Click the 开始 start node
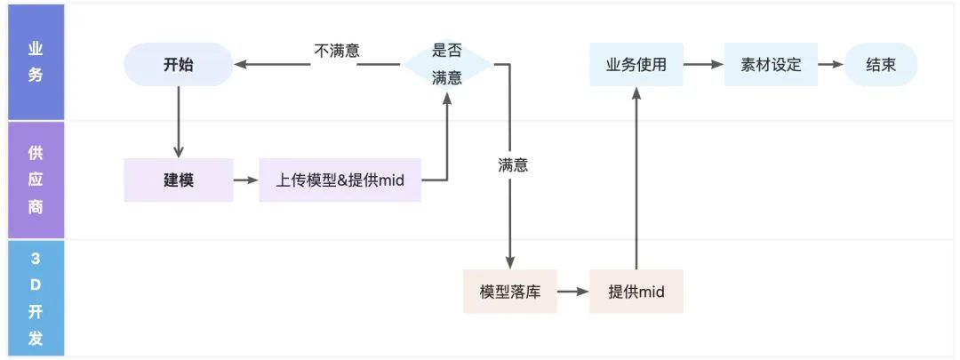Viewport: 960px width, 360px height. pyautogui.click(x=178, y=65)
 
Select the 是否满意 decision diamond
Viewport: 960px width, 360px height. pyautogui.click(x=446, y=65)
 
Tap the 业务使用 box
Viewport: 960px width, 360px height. pyautogui.click(x=636, y=65)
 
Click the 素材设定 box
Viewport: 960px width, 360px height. pyautogui.click(x=771, y=65)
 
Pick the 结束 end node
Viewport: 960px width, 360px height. pyautogui.click(x=880, y=65)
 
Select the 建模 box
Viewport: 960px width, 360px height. pyautogui.click(x=178, y=180)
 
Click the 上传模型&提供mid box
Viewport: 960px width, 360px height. pyautogui.click(x=340, y=180)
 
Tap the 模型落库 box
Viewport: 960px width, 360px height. pyautogui.click(x=509, y=292)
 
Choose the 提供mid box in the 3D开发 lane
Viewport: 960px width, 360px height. pyautogui.click(x=636, y=292)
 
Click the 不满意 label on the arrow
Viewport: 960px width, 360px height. pyautogui.click(x=337, y=51)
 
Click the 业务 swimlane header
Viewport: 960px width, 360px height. pyautogui.click(x=35, y=62)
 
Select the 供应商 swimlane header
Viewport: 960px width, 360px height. pyautogui.click(x=35, y=179)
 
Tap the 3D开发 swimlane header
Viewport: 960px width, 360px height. pyautogui.click(x=35, y=299)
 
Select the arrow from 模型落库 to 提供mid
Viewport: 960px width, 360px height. pyautogui.click(x=572, y=292)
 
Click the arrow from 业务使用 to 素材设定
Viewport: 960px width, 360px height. pyautogui.click(x=703, y=65)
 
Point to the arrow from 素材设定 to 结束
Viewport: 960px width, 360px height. pyautogui.click(x=830, y=65)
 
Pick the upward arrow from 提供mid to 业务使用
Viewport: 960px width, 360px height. pyautogui.click(x=636, y=178)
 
